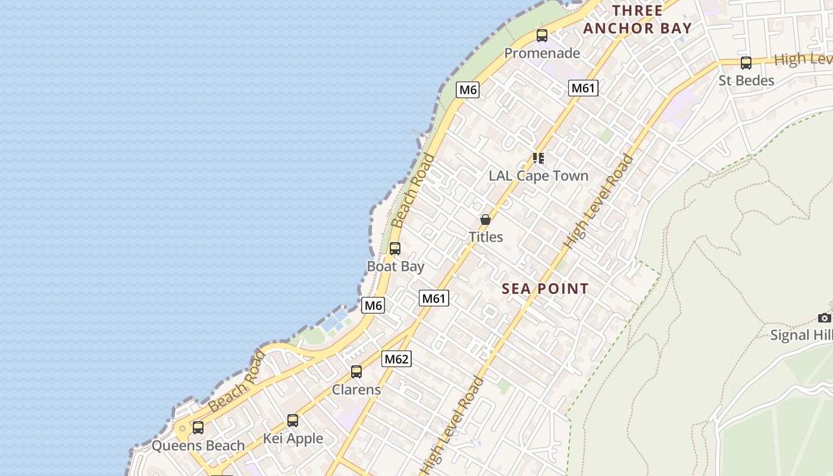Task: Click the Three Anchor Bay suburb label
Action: click(x=637, y=20)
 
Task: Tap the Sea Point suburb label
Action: click(x=545, y=289)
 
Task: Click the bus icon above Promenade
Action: click(x=542, y=36)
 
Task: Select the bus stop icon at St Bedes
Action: click(x=746, y=63)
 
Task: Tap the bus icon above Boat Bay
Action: click(x=395, y=249)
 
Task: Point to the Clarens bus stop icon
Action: click(x=356, y=372)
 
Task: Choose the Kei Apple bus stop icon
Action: click(x=293, y=421)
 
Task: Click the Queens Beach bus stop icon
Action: click(x=198, y=428)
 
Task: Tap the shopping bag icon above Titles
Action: click(x=486, y=220)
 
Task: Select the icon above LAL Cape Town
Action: click(x=538, y=158)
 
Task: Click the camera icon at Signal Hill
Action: click(x=824, y=318)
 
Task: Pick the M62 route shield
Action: click(x=396, y=359)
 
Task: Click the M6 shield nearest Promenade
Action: click(x=468, y=90)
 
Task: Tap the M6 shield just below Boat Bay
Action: click(x=373, y=305)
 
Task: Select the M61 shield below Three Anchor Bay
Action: click(x=583, y=88)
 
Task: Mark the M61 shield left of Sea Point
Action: click(x=434, y=298)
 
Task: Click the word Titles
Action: click(x=486, y=237)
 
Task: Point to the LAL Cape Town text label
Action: click(x=538, y=176)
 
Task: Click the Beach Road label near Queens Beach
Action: click(x=237, y=381)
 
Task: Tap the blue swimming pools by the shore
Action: click(x=334, y=322)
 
